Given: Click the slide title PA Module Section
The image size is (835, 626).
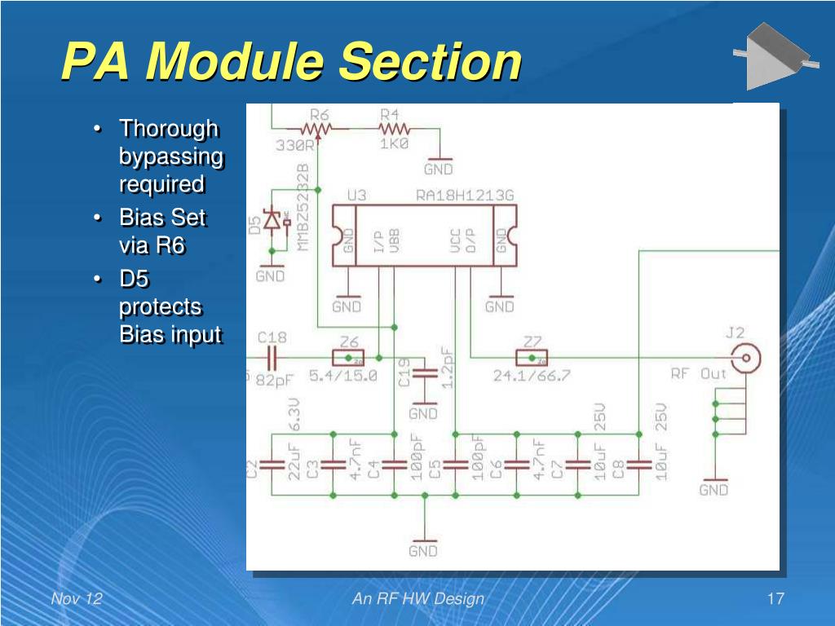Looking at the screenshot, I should (291, 62).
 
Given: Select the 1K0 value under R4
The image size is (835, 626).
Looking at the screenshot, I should (394, 143).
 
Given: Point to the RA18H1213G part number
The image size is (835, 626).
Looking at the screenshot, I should (465, 196).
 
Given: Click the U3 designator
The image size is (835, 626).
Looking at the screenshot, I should (356, 196).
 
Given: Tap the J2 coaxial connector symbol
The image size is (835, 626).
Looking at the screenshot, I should (745, 357).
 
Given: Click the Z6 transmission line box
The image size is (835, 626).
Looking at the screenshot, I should (348, 357).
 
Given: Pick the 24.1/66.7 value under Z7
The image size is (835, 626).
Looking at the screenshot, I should (531, 376).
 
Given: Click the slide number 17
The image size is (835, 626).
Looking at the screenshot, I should (775, 599).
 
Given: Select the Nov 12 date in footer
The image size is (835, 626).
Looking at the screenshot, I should (77, 599).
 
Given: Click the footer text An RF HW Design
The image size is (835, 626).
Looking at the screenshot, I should (417, 599).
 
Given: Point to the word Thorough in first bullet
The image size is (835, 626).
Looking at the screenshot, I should (169, 129).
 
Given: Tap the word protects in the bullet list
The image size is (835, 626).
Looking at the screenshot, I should (161, 307).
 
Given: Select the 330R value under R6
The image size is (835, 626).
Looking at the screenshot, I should (294, 144).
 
